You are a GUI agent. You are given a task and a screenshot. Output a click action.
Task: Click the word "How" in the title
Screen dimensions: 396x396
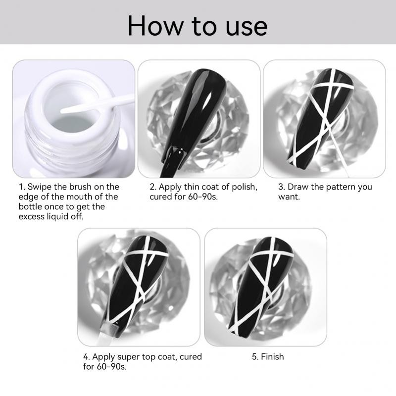[x=156, y=26]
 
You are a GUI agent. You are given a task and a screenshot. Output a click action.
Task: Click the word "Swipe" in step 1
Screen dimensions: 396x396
[x=41, y=187]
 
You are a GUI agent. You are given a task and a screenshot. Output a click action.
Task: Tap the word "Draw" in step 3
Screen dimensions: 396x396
[x=298, y=187]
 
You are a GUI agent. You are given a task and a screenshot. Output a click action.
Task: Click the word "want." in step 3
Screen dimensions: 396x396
[x=289, y=197]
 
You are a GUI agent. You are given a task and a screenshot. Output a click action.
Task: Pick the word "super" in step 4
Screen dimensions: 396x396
[x=129, y=357]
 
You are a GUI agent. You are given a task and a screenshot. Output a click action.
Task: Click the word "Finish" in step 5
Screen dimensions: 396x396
[x=272, y=356]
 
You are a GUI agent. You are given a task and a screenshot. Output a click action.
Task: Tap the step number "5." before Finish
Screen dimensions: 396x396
[x=255, y=357]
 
